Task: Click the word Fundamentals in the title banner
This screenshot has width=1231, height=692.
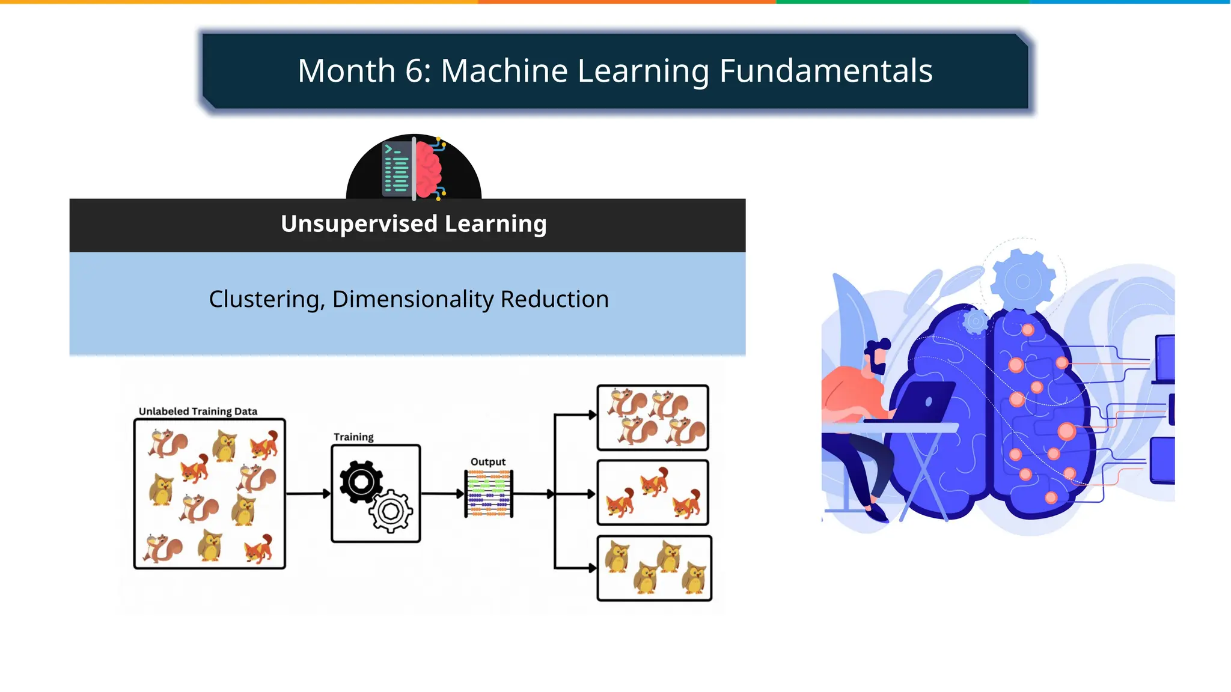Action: click(x=825, y=71)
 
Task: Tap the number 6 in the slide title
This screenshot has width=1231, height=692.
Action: click(x=415, y=71)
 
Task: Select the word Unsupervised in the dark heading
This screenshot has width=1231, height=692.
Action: click(x=359, y=223)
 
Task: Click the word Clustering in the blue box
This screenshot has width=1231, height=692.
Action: click(x=264, y=299)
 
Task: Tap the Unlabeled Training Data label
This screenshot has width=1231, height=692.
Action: click(x=198, y=411)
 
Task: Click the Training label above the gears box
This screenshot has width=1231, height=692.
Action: click(x=353, y=437)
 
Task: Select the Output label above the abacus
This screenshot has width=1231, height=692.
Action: click(x=487, y=462)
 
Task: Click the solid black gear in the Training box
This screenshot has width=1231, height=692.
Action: click(x=361, y=482)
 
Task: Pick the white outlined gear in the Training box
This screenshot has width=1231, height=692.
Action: click(x=391, y=511)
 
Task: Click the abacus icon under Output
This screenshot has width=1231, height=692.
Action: click(x=488, y=494)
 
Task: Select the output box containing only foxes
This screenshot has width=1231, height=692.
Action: click(x=653, y=493)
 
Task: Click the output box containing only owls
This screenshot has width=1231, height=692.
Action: click(x=654, y=568)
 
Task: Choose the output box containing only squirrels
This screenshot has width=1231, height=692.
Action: click(x=653, y=417)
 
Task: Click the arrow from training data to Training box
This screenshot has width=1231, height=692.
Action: click(x=308, y=494)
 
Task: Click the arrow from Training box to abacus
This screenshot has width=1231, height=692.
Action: click(x=442, y=494)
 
